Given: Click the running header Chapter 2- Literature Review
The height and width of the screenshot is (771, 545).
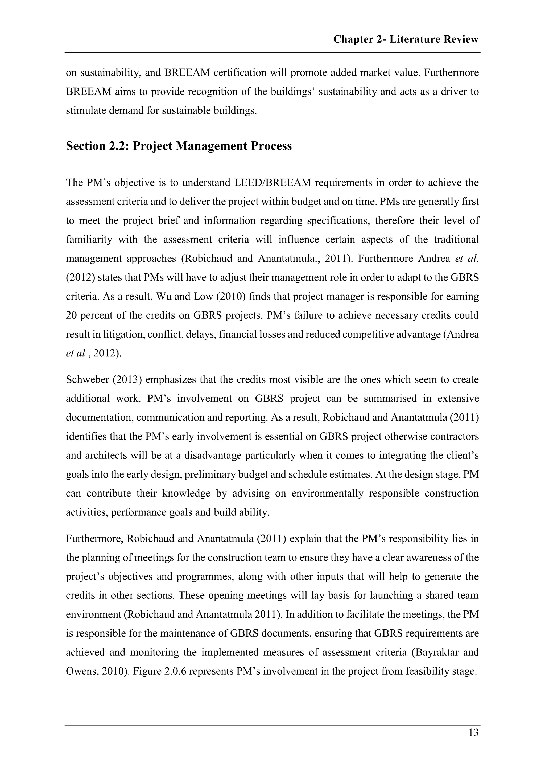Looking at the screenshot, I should [x=405, y=40].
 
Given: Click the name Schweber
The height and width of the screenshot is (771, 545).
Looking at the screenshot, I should [x=87, y=379].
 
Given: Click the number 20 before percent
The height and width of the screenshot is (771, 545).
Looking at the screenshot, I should [x=72, y=316].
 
